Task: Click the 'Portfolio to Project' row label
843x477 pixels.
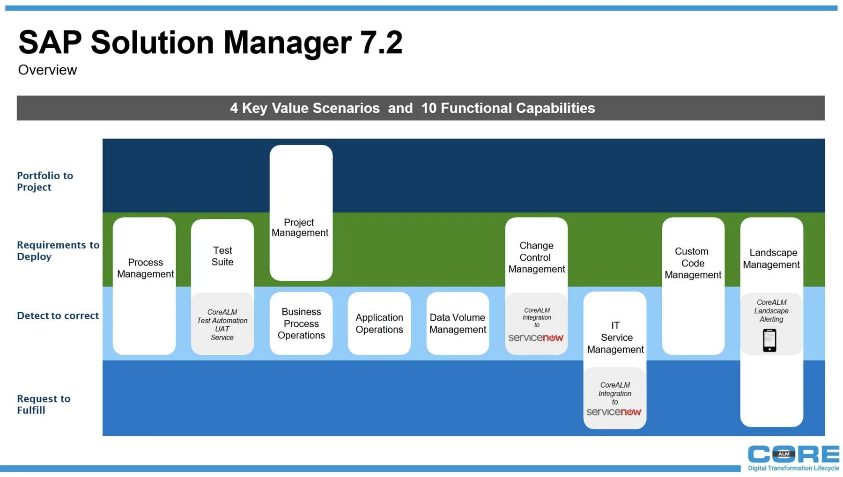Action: click(45, 181)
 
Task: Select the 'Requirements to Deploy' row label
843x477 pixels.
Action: click(58, 250)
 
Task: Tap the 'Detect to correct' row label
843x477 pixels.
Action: click(58, 316)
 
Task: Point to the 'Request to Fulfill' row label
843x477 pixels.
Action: click(44, 404)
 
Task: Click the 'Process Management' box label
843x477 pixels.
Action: click(145, 268)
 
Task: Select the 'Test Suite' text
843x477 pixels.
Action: click(222, 256)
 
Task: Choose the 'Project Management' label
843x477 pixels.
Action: click(300, 227)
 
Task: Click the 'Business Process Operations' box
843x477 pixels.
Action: click(301, 323)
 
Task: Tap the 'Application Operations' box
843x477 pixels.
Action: click(379, 323)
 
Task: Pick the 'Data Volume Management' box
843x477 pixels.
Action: click(458, 323)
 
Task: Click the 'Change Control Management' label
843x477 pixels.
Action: click(537, 257)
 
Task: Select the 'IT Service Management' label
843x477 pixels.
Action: click(615, 337)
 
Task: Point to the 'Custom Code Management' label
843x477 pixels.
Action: click(693, 263)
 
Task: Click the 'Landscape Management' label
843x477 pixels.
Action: click(771, 258)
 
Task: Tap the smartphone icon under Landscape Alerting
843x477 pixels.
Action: click(769, 340)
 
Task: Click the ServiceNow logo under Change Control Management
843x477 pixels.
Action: click(536, 338)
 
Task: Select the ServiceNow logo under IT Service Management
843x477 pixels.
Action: click(614, 412)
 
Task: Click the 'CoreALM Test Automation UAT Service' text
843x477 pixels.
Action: click(222, 324)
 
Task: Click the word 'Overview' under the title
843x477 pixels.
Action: click(47, 70)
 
